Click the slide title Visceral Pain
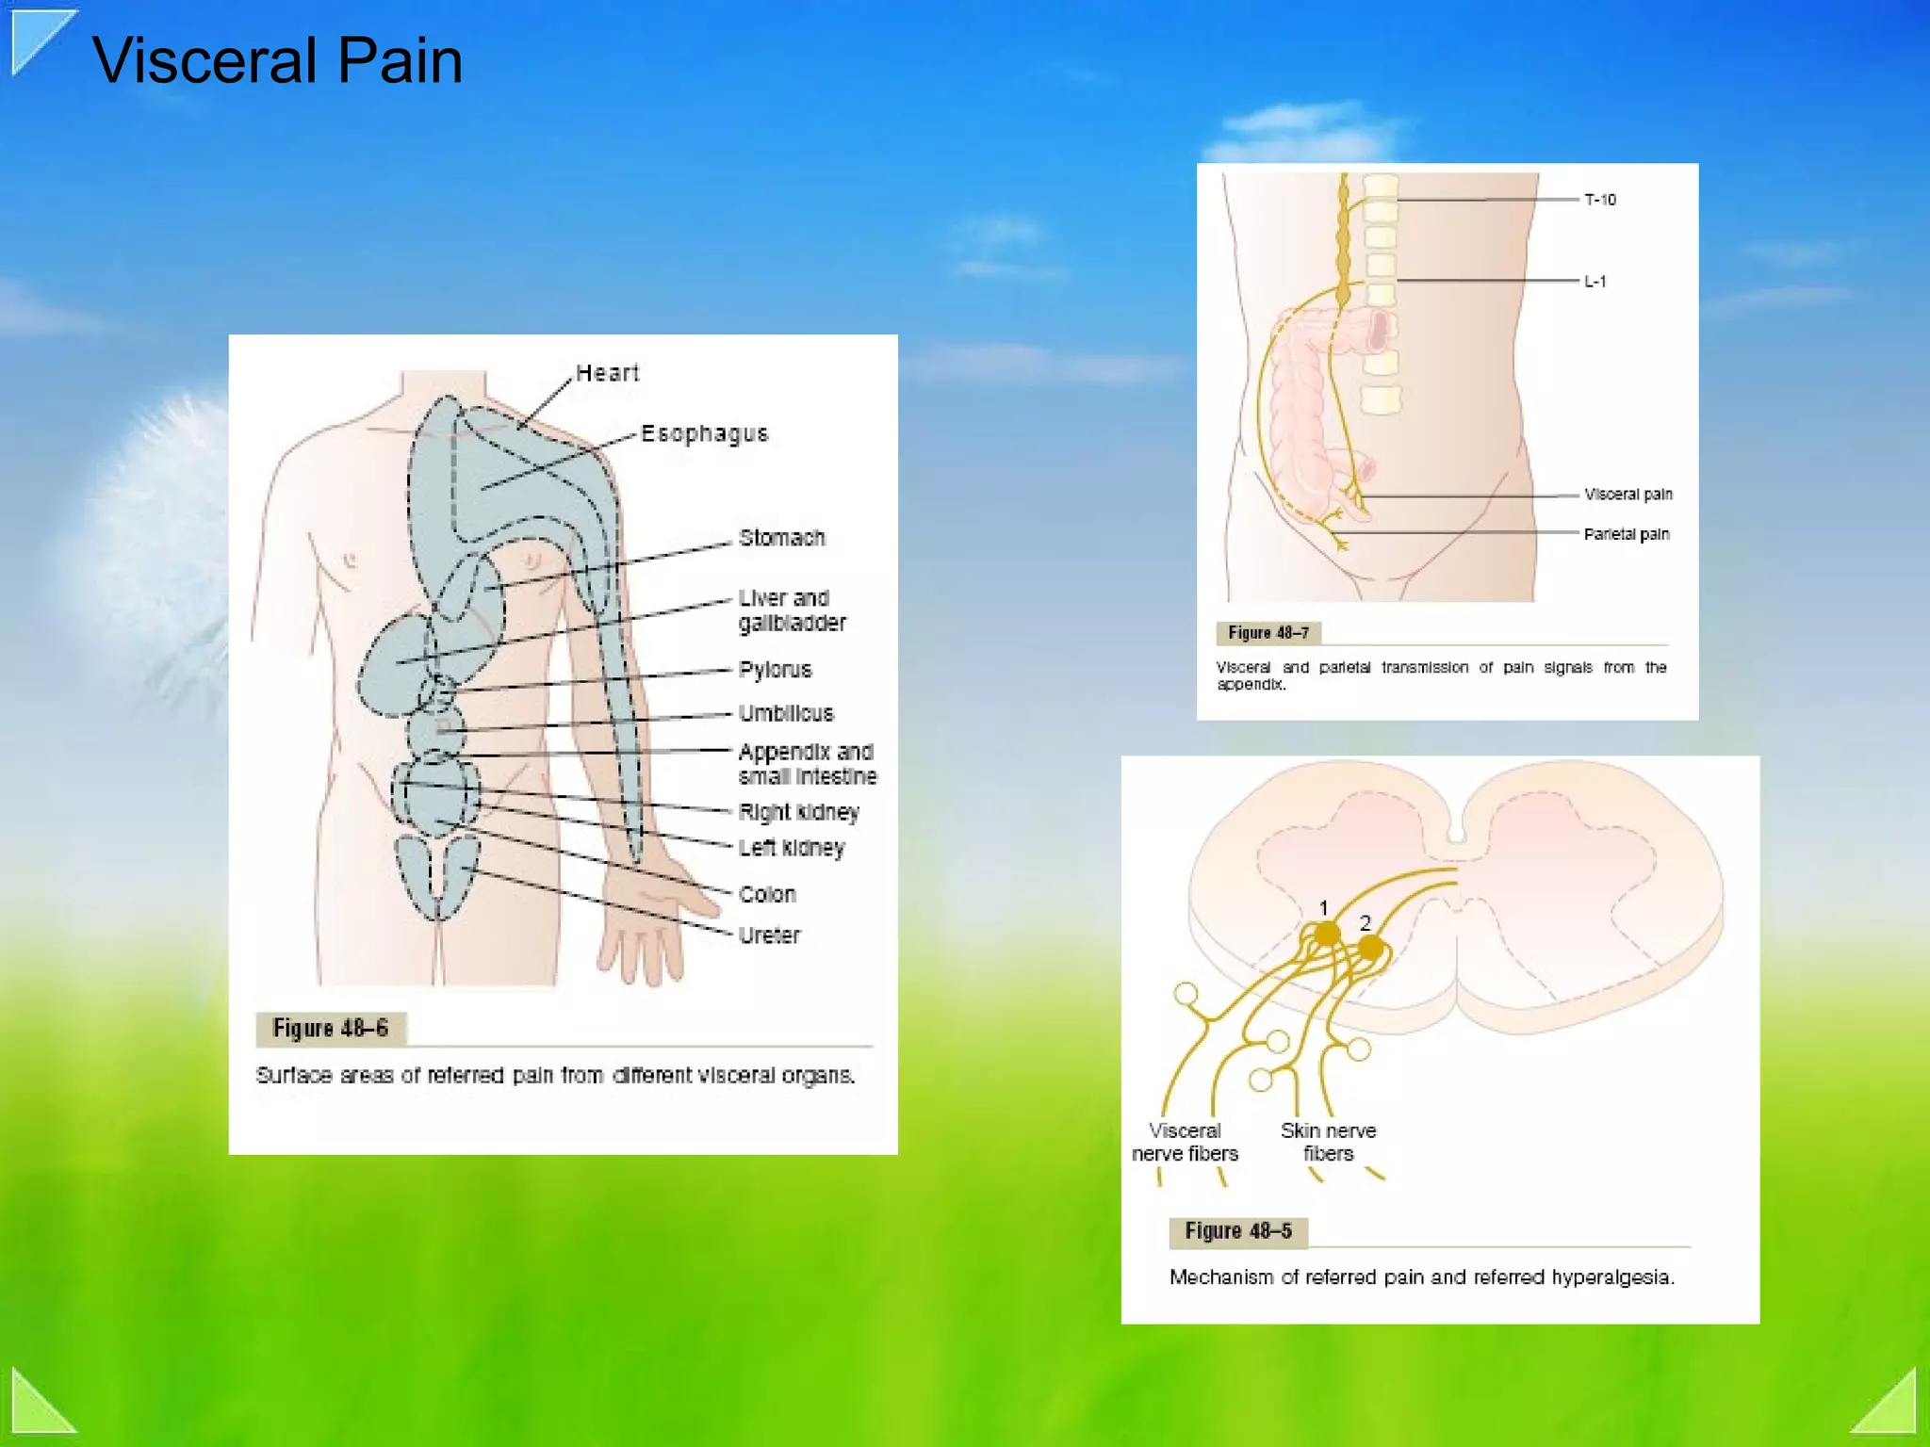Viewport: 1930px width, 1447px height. [277, 60]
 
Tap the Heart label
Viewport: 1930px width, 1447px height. [607, 373]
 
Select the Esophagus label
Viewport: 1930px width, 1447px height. [705, 433]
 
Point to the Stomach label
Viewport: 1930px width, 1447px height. [782, 538]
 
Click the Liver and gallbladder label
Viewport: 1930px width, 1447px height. [792, 610]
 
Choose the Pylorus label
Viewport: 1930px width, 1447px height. [775, 670]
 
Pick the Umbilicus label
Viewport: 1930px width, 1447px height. [786, 713]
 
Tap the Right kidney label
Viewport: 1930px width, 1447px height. [799, 812]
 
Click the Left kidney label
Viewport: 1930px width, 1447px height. [792, 848]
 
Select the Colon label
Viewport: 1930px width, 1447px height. [767, 894]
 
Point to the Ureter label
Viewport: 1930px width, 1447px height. [769, 935]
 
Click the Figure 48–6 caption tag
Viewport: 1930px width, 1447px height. [330, 1028]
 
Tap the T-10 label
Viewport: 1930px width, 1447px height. [1600, 200]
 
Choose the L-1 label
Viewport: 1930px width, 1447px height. [1595, 282]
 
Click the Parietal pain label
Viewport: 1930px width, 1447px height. [1627, 534]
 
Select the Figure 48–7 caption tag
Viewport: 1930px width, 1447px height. [1268, 633]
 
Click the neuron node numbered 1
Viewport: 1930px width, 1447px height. [1327, 934]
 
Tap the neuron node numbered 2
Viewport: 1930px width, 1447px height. [1370, 946]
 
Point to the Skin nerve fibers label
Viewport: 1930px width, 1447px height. [1328, 1142]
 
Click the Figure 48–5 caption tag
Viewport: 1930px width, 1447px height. [1238, 1231]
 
